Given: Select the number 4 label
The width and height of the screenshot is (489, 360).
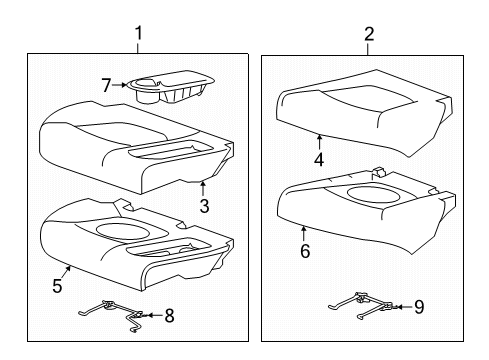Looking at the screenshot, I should coord(319,158).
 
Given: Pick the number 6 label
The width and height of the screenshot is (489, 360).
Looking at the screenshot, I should coord(305,251).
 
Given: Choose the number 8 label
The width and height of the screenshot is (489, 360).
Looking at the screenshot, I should coord(169,316).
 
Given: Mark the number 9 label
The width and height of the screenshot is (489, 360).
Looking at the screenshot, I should coord(419,308).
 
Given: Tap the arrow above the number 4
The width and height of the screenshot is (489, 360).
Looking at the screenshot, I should coord(319,141).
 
